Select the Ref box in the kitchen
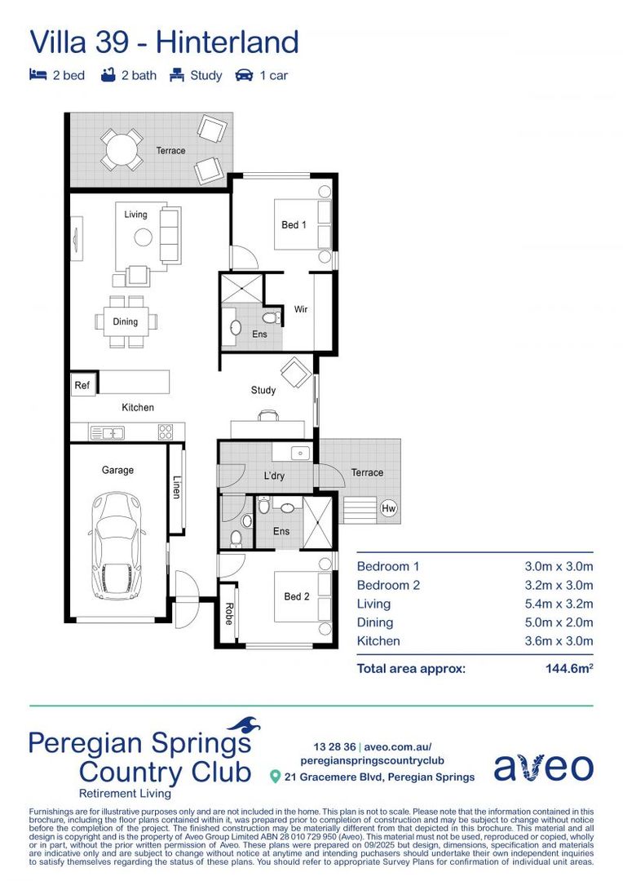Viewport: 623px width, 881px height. [x=82, y=385]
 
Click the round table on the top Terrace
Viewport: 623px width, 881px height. [x=121, y=149]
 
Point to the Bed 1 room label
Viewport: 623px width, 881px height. [x=294, y=224]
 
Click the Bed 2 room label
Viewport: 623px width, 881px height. [x=296, y=596]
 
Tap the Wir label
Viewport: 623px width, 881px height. [x=300, y=310]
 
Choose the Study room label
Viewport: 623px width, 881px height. [x=263, y=390]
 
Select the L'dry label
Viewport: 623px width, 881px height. [x=274, y=476]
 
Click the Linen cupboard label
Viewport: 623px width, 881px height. [x=176, y=488]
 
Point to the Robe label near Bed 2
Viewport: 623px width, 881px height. [x=228, y=614]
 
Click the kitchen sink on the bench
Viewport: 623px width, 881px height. [x=108, y=432]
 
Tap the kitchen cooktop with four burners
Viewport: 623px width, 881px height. [x=166, y=432]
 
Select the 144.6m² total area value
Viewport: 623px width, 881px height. [x=568, y=669]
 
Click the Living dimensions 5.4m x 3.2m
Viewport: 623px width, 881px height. [x=558, y=604]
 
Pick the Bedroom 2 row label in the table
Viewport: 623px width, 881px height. [x=388, y=585]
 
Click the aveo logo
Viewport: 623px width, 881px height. [x=543, y=767]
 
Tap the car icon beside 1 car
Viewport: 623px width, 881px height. [x=243, y=75]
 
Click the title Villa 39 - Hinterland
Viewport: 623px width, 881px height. [x=164, y=41]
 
